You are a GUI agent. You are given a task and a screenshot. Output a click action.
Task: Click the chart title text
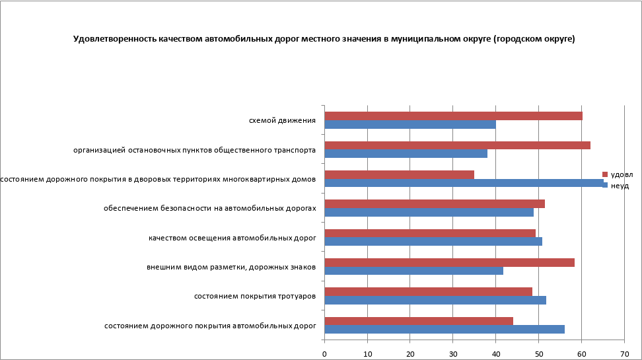(324, 39)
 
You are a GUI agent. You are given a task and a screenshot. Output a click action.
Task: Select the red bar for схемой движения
(453, 116)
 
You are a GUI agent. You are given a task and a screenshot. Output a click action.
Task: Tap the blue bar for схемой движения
(410, 124)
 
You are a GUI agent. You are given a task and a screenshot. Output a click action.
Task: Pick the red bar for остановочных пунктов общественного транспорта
(457, 145)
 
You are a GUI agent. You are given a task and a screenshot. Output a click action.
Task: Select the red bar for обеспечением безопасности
(435, 203)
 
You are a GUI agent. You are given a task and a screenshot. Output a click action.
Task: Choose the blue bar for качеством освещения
(433, 241)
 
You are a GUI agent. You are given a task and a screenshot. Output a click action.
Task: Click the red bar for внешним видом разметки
(449, 262)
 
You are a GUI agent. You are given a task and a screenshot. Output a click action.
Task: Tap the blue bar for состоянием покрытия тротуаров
(435, 300)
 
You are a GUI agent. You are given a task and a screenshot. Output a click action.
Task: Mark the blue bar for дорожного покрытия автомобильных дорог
(445, 329)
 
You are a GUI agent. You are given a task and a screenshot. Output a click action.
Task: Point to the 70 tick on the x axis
(624, 353)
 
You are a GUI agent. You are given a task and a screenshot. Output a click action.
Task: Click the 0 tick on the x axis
(324, 353)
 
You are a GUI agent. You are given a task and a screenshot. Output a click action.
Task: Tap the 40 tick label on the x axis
(495, 353)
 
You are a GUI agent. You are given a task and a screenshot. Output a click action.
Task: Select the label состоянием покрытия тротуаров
(254, 296)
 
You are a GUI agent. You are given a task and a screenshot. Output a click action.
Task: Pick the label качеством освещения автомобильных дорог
(232, 237)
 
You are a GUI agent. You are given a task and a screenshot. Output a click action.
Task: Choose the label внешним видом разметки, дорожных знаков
(231, 267)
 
